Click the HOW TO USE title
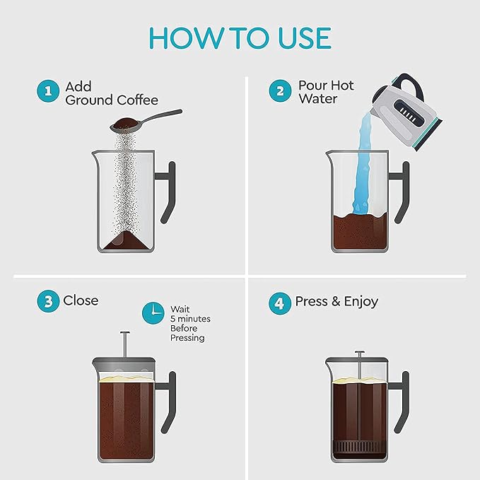[x=240, y=39]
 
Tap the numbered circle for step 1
[x=47, y=91]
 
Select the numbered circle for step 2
[x=279, y=91]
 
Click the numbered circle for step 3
[x=47, y=301]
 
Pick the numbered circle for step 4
[x=279, y=303]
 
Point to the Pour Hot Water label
[x=325, y=92]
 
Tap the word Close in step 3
[x=81, y=300]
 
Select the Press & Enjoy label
[x=336, y=302]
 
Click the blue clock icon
[x=152, y=312]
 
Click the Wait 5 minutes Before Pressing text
[x=189, y=324]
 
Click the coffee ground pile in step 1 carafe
[x=128, y=240]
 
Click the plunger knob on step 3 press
[x=125, y=334]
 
